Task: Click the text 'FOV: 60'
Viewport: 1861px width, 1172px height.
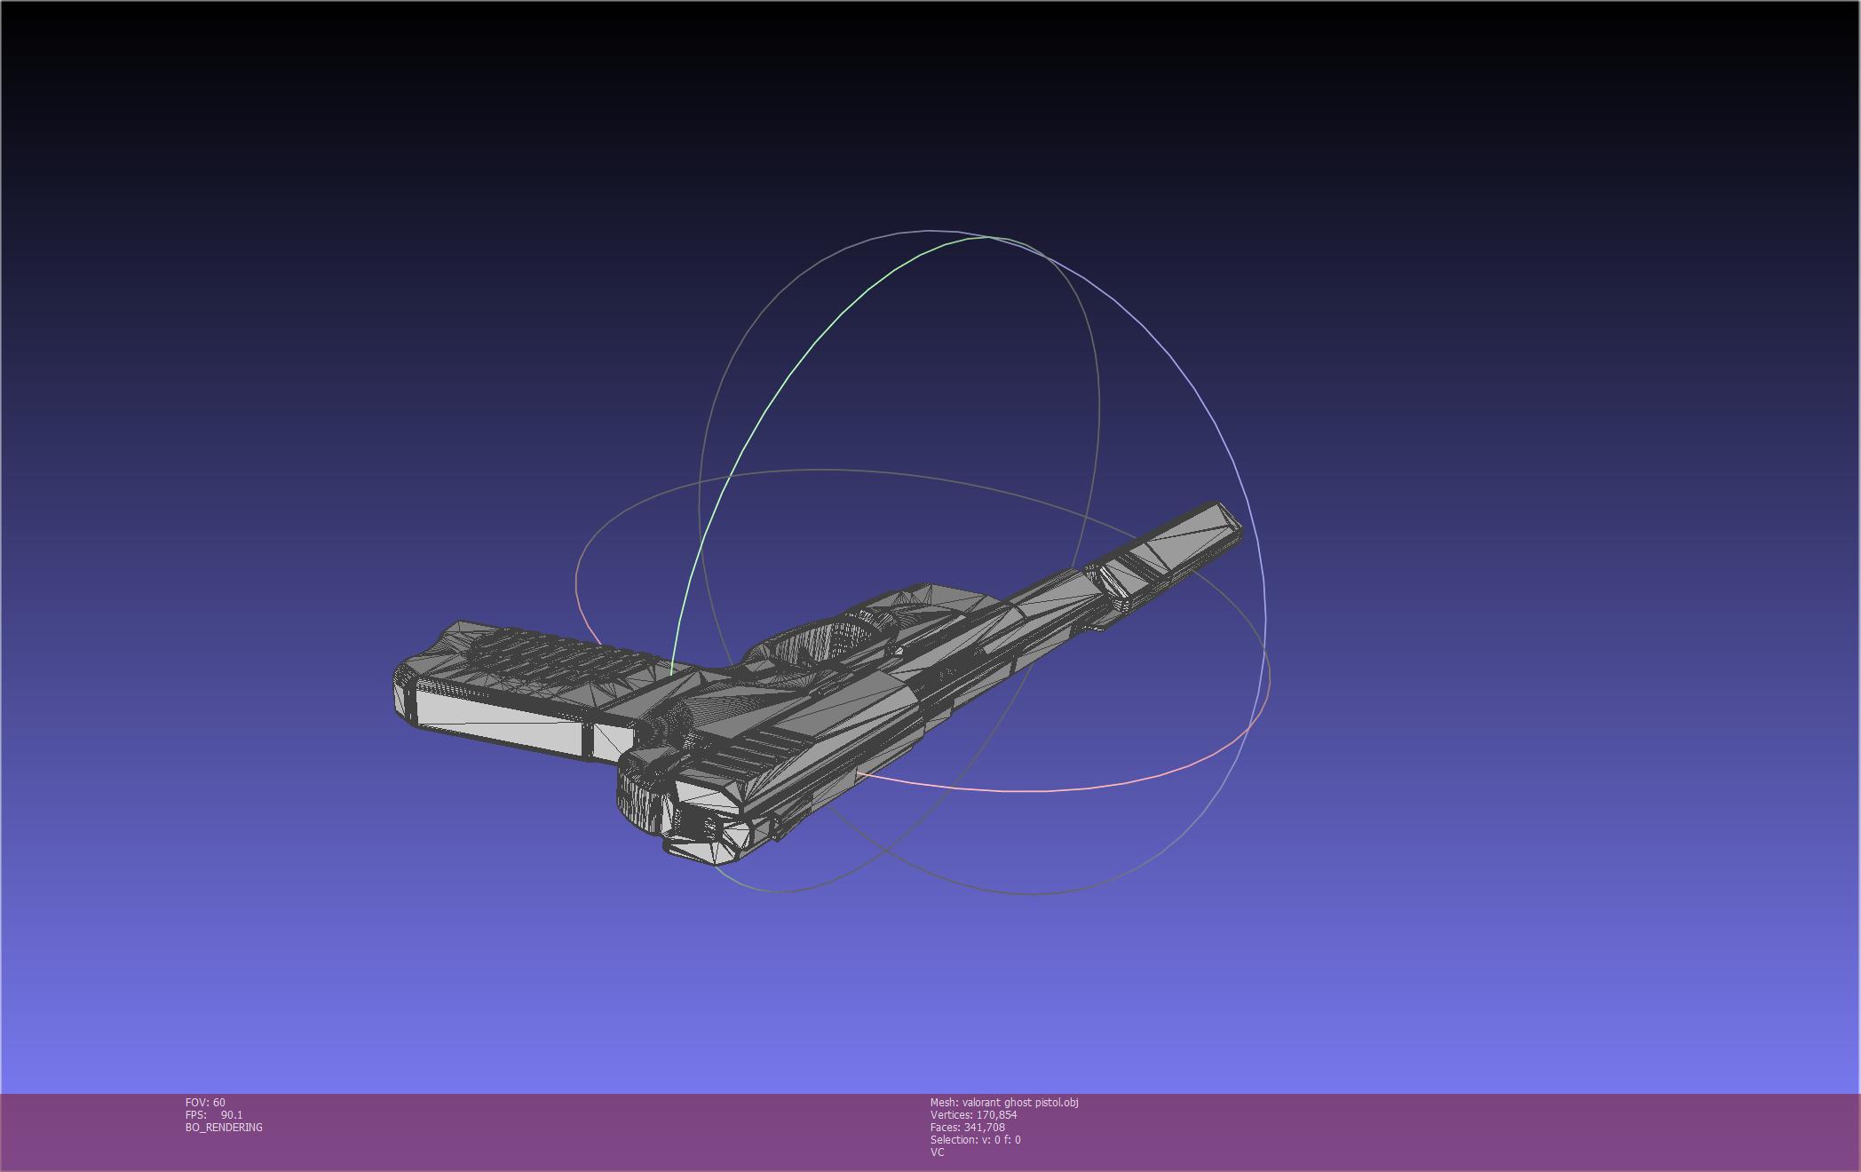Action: tap(205, 1102)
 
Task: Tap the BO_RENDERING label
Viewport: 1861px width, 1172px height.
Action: tap(224, 1127)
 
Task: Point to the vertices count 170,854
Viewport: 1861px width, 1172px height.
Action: tap(996, 1114)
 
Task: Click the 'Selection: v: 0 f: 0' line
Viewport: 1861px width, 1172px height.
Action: tap(975, 1139)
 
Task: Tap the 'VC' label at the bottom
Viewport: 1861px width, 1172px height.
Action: tap(937, 1152)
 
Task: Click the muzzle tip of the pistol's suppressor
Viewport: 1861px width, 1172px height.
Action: tap(1230, 519)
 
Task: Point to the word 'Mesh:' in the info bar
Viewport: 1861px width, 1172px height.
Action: tap(944, 1102)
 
